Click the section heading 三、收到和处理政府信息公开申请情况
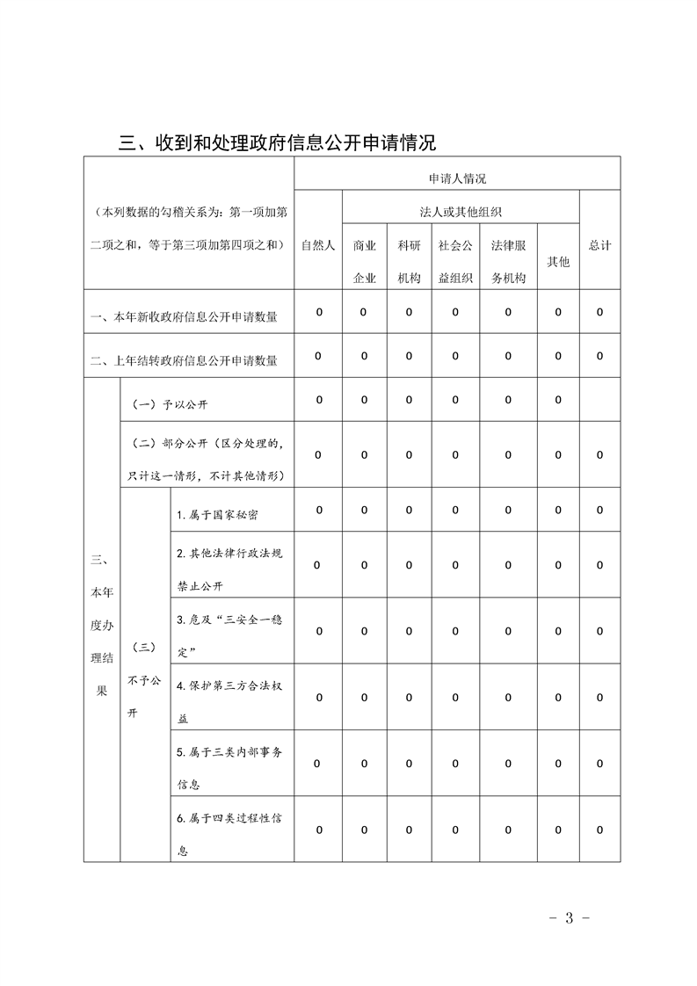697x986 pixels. (x=277, y=141)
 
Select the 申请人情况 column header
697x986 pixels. (x=457, y=178)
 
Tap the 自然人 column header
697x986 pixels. (x=318, y=245)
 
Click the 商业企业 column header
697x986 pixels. (x=364, y=261)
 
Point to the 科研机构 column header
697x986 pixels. (x=409, y=261)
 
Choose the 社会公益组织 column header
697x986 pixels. (x=455, y=261)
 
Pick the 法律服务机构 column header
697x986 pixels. (x=508, y=261)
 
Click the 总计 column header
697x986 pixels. (x=599, y=245)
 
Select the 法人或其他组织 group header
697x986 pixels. (x=461, y=212)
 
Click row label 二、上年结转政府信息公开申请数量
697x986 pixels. (x=185, y=359)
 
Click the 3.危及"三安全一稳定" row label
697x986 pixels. (x=229, y=631)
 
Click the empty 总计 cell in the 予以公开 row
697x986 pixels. (x=599, y=401)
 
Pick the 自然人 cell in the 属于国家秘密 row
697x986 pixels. (x=318, y=510)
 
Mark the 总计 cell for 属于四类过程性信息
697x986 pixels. (x=599, y=830)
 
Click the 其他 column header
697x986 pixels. (x=557, y=261)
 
